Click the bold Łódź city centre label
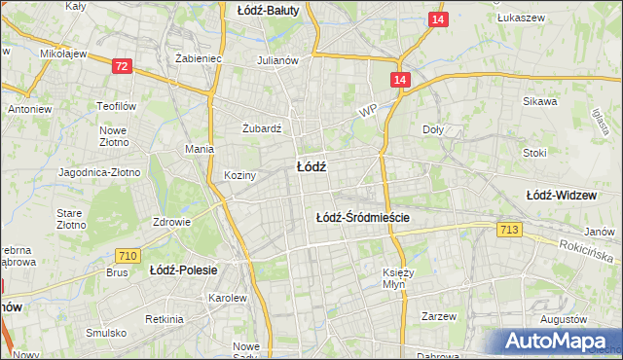(x=311, y=166)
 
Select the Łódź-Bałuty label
(x=269, y=10)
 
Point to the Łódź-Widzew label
(x=561, y=196)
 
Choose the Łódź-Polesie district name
(x=183, y=270)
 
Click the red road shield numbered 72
(x=122, y=66)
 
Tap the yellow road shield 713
(x=508, y=230)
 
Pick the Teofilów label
(x=114, y=106)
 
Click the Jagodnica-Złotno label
(x=99, y=172)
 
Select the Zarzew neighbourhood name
(x=440, y=316)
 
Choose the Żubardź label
(x=261, y=127)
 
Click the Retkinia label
(x=164, y=319)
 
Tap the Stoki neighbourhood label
(x=534, y=153)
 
